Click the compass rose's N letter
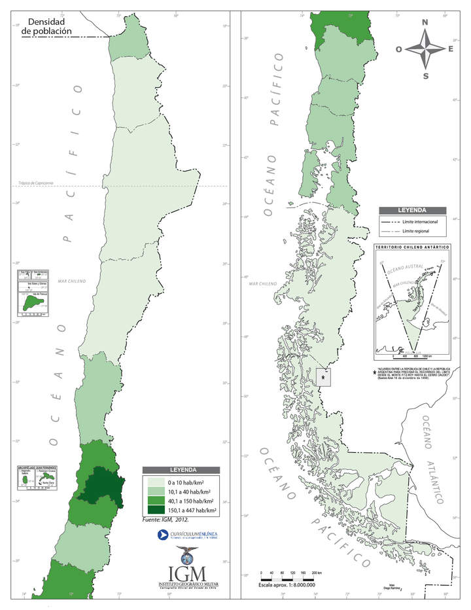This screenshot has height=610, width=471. [x=425, y=22]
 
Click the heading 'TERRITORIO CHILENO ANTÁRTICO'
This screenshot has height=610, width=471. [x=411, y=247]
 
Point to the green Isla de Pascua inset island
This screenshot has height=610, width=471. [x=30, y=304]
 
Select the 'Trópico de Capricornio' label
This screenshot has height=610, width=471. [x=37, y=183]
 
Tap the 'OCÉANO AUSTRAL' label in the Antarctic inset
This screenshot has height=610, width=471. [x=401, y=270]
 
